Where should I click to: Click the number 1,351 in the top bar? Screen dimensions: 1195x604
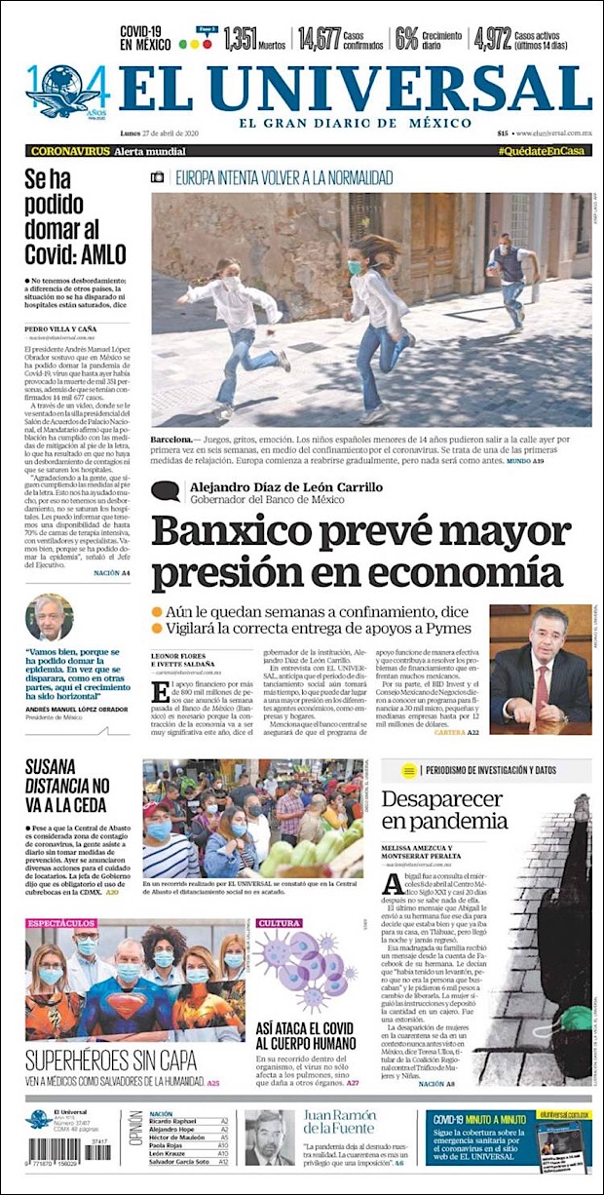tap(240, 38)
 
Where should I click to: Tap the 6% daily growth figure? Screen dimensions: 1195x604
tap(405, 38)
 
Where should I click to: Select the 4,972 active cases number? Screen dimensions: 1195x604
tap(493, 38)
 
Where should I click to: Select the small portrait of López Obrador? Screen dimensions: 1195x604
tap(49, 618)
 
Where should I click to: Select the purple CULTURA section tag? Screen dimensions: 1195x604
tap(280, 922)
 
